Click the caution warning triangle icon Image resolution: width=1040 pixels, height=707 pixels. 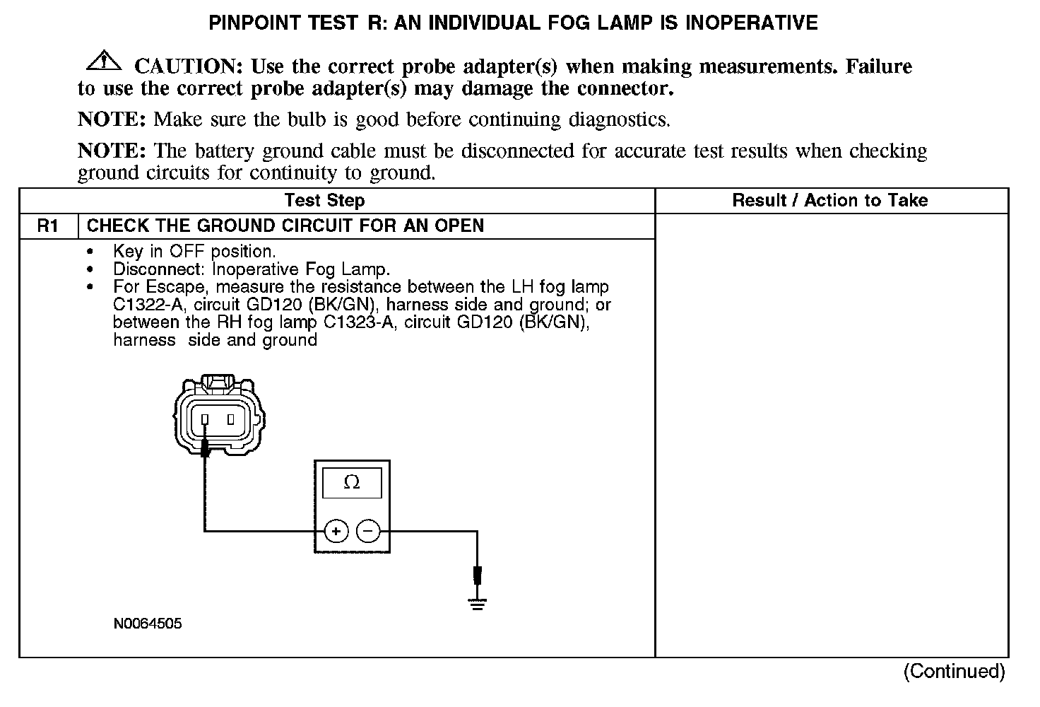tap(103, 62)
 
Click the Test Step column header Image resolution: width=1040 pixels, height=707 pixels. tap(324, 200)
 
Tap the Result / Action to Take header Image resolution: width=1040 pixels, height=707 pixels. tap(830, 200)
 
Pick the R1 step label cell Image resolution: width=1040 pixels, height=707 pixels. tap(48, 226)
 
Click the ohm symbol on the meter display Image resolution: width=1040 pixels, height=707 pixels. tap(351, 483)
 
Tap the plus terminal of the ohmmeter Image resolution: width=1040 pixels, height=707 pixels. tap(336, 531)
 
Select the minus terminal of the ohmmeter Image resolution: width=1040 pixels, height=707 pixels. tap(367, 531)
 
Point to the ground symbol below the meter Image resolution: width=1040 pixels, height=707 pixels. tap(478, 603)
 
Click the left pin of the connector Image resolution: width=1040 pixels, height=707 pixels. tap(205, 420)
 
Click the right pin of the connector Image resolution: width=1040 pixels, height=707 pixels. tap(230, 420)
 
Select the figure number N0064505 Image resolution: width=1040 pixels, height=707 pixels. tap(147, 624)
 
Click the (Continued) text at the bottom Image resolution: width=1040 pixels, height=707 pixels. tap(954, 670)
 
